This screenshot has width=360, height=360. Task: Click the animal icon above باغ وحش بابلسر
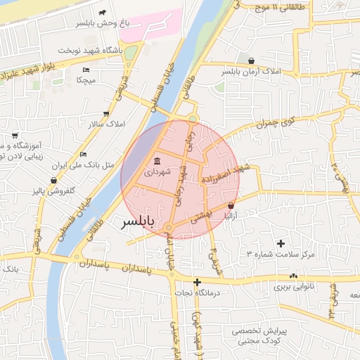pyautogui.click(x=103, y=13)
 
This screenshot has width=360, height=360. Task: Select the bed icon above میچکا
pyautogui.click(x=86, y=70)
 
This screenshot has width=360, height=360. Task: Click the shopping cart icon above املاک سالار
pyautogui.click(x=106, y=113)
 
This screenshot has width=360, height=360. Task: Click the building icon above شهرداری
pyautogui.click(x=155, y=160)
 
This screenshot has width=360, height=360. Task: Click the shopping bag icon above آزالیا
pyautogui.click(x=231, y=205)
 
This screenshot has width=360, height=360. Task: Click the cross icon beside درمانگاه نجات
pyautogui.click(x=198, y=282)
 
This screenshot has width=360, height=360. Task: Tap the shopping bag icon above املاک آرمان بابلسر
pyautogui.click(x=251, y=60)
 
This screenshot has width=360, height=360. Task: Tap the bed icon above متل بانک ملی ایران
pyautogui.click(x=84, y=154)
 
